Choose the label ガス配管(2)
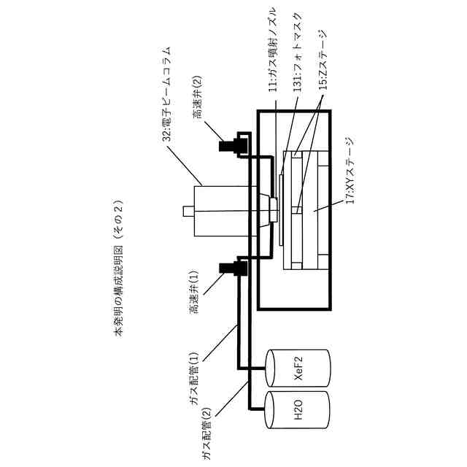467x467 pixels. pyautogui.click(x=207, y=430)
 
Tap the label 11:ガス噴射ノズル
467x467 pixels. pyautogui.click(x=273, y=48)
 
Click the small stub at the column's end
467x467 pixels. pyautogui.click(x=188, y=211)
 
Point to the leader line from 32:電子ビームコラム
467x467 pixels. pyautogui.click(x=186, y=164)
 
